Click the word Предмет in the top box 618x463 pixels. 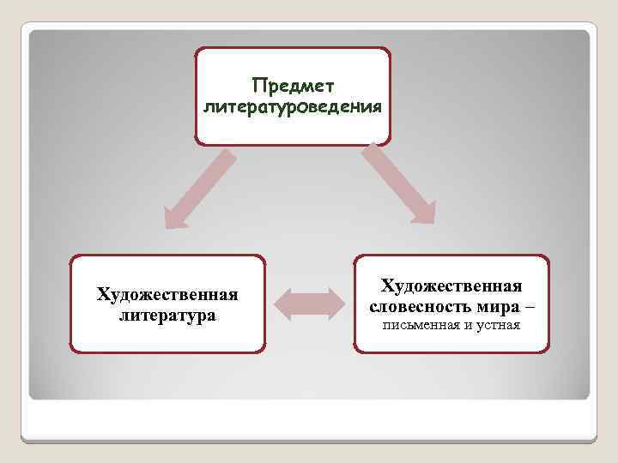[x=293, y=87]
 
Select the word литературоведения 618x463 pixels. [x=292, y=107]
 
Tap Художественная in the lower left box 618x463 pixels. [x=167, y=295]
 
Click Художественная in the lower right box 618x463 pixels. [x=451, y=285]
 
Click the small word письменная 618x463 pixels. [x=417, y=327]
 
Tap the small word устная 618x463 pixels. [x=499, y=327]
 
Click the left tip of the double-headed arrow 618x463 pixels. [x=277, y=303]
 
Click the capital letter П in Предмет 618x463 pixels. [x=258, y=87]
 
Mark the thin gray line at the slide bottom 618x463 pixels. [x=309, y=440]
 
